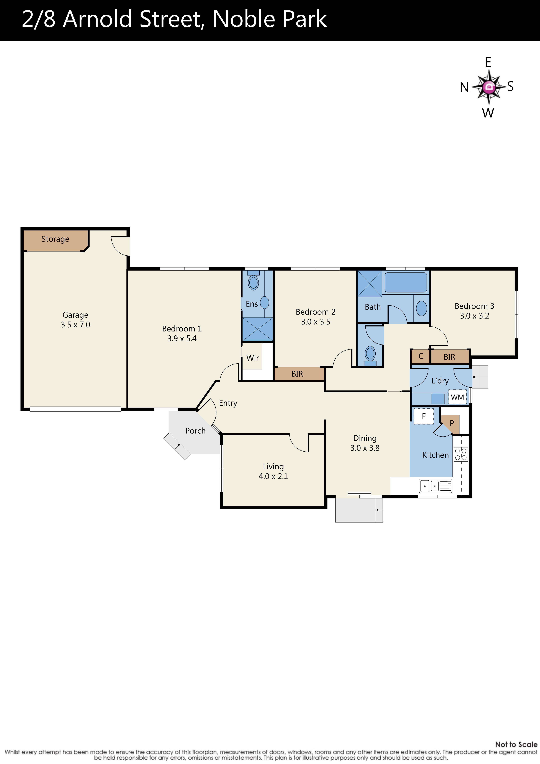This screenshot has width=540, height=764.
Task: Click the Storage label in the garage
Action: tap(55, 239)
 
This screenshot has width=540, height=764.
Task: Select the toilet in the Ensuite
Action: tap(253, 282)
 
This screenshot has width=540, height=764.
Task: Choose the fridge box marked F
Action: tap(424, 416)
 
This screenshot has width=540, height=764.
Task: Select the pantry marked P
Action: tap(452, 423)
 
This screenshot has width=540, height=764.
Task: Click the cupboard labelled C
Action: tap(421, 356)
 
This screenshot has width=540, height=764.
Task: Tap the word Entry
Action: tap(228, 403)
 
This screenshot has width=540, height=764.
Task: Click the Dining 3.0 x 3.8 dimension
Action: tap(365, 448)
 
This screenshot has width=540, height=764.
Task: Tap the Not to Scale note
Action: tap(516, 744)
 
